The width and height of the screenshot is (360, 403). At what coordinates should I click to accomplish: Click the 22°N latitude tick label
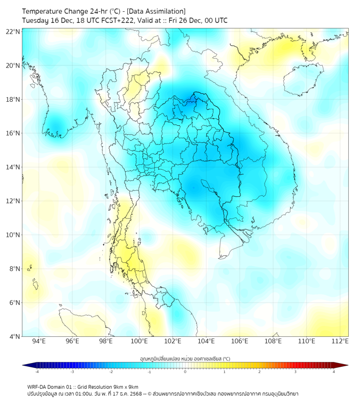pyautogui.click(x=13, y=31)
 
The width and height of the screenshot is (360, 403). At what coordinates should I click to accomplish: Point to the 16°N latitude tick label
pyautogui.click(x=13, y=133)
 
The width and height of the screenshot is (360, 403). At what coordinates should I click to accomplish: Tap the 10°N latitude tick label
pyautogui.click(x=13, y=235)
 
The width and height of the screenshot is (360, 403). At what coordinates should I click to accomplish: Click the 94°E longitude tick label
pyautogui.click(x=39, y=341)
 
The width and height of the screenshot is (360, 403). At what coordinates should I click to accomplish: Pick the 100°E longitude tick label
pyautogui.click(x=140, y=341)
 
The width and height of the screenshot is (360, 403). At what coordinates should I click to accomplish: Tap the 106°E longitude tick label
pyautogui.click(x=240, y=341)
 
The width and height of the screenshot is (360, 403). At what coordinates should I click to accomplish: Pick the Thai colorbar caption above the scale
pyautogui.click(x=185, y=358)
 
